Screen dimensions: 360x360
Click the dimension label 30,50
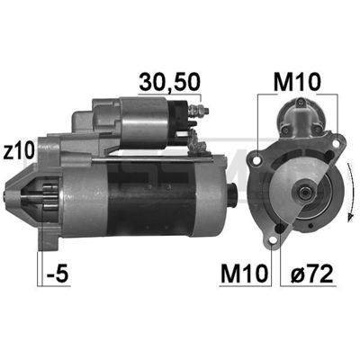click(169, 82)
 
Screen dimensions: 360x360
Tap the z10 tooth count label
click(18, 151)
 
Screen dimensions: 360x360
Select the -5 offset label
click(58, 274)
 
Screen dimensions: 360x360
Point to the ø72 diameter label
click(312, 274)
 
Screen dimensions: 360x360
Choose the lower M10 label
click(244, 274)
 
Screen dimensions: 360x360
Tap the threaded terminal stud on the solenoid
click(199, 111)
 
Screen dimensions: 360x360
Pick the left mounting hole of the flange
click(256, 161)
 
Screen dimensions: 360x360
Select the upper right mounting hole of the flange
click(336, 143)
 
